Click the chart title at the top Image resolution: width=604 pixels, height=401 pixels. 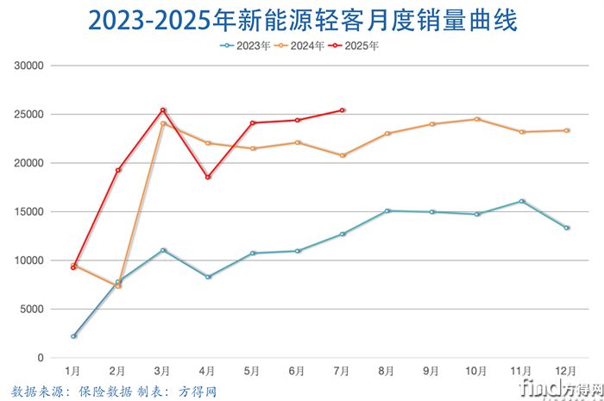coord(302,21)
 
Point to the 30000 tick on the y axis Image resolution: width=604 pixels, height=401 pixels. coord(29,66)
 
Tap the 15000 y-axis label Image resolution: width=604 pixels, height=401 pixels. coord(29,211)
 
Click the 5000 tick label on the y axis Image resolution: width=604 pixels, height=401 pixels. coord(32,309)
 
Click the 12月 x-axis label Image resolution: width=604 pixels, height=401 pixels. coord(567,371)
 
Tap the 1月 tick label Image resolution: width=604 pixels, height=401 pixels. coord(73,371)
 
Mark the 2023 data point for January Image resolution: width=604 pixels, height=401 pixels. coord(73,335)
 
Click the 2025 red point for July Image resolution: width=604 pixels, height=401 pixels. coord(343,110)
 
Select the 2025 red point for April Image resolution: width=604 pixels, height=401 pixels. coord(208,177)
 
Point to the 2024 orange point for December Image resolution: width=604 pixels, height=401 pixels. coord(567,130)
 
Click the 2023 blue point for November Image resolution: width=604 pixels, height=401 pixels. coord(522,201)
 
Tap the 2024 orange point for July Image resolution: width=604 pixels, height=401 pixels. coord(343,155)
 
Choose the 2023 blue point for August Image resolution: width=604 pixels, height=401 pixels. coord(387,210)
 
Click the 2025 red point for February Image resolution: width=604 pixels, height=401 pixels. coord(118,170)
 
